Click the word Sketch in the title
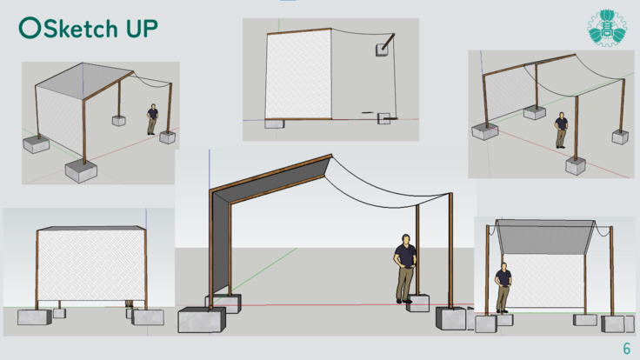(80, 29)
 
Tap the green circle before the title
(30, 28)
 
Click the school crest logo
(607, 27)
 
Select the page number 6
(627, 349)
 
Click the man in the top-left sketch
(153, 119)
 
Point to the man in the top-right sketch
(561, 130)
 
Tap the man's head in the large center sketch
(406, 239)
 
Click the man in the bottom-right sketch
(503, 288)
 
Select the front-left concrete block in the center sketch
(202, 320)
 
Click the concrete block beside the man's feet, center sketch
(418, 303)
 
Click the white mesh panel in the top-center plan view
(298, 76)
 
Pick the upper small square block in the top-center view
(382, 50)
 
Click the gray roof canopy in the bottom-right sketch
(545, 237)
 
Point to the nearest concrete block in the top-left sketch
(81, 170)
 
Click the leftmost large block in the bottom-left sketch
(35, 317)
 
